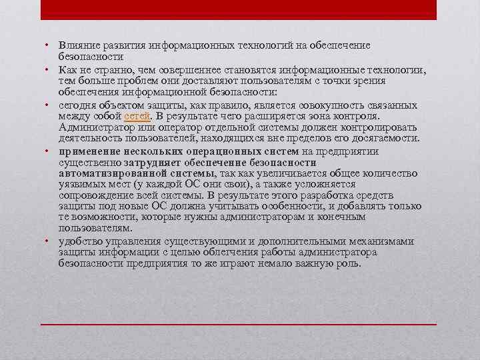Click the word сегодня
pyautogui.click(x=77, y=105)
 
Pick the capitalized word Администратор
pyautogui.click(x=93, y=127)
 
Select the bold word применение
pyautogui.click(x=88, y=151)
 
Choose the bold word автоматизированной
pyautogui.click(x=106, y=173)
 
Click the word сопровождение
pyautogui.click(x=94, y=195)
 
